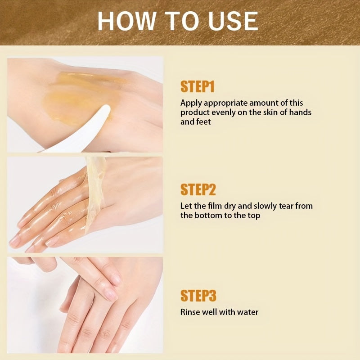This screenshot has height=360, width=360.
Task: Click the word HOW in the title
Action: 127,21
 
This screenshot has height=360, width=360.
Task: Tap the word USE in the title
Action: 233,21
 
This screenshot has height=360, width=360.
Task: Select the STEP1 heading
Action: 198,86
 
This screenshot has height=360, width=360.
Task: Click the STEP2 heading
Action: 198,189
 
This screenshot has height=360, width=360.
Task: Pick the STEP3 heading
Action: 198,295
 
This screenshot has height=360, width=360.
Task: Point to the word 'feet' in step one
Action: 203,121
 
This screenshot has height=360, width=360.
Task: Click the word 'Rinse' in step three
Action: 190,312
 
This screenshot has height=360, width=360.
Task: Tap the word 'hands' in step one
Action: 301,112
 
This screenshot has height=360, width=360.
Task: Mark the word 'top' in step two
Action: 254,216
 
